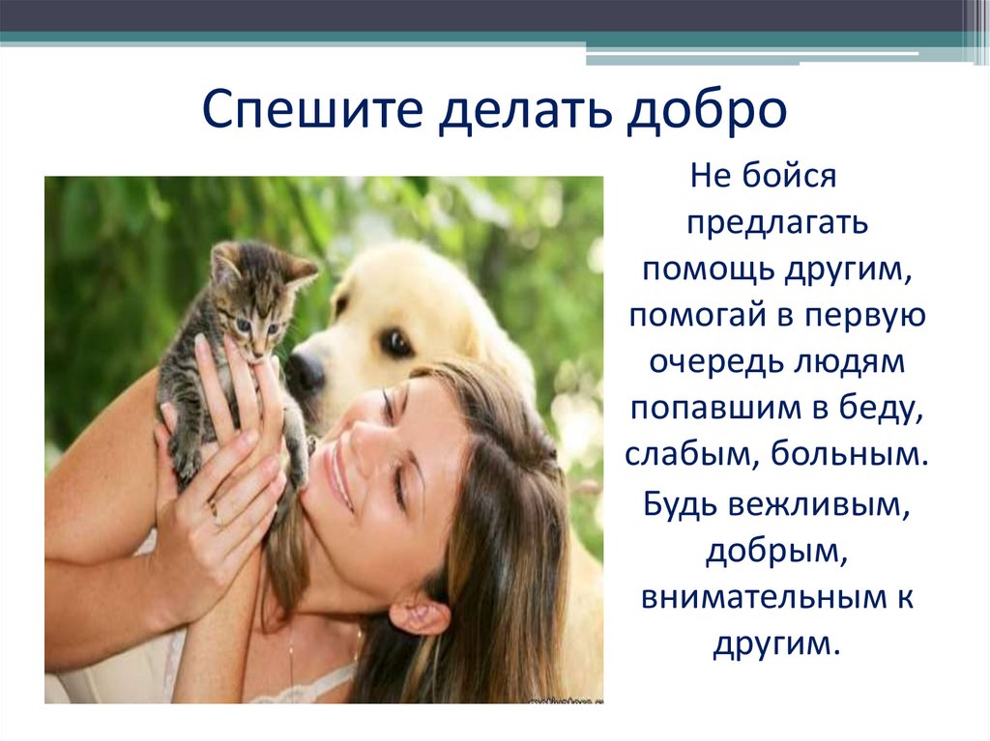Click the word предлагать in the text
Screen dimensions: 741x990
coord(778,223)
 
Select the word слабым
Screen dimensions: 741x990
coord(688,455)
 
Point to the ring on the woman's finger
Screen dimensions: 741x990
coord(215,514)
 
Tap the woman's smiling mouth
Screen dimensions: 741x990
coord(338,473)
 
